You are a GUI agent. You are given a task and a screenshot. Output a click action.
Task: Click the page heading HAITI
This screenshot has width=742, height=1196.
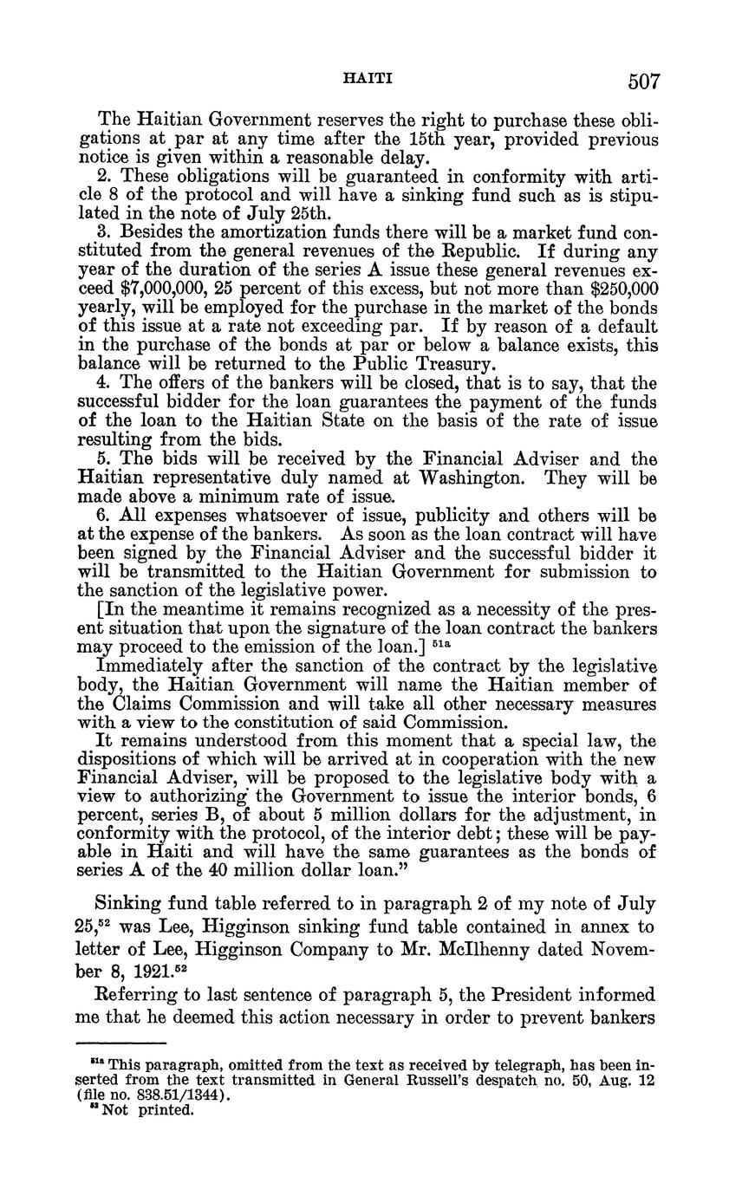369,79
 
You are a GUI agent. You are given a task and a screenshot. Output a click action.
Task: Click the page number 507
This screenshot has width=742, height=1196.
645,82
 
